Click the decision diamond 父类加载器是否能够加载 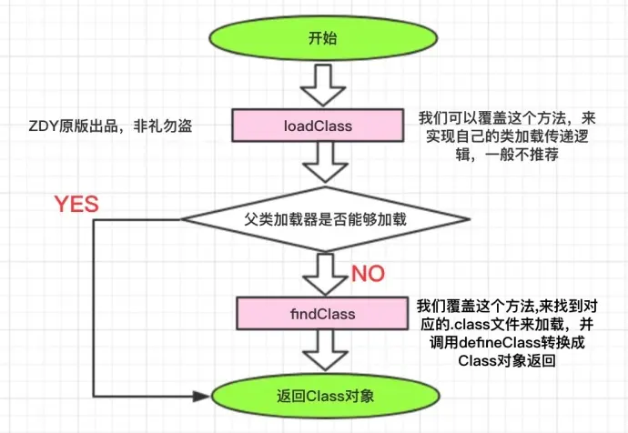(318, 219)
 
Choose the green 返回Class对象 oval (318, 397)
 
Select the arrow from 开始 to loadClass (318, 86)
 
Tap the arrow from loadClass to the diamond (318, 165)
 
